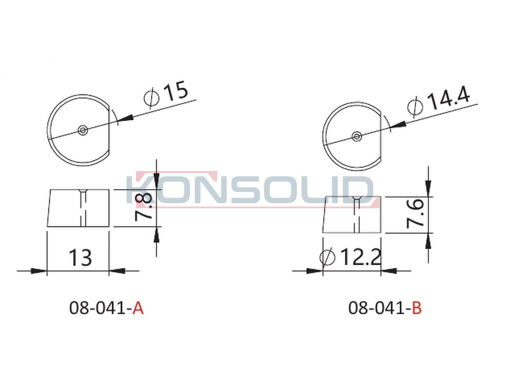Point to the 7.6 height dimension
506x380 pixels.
pos(415,213)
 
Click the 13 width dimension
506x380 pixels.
pos(80,257)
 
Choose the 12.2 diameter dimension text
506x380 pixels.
pos(350,257)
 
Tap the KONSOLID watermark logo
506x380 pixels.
pos(250,190)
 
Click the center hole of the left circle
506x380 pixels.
pos(83,130)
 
